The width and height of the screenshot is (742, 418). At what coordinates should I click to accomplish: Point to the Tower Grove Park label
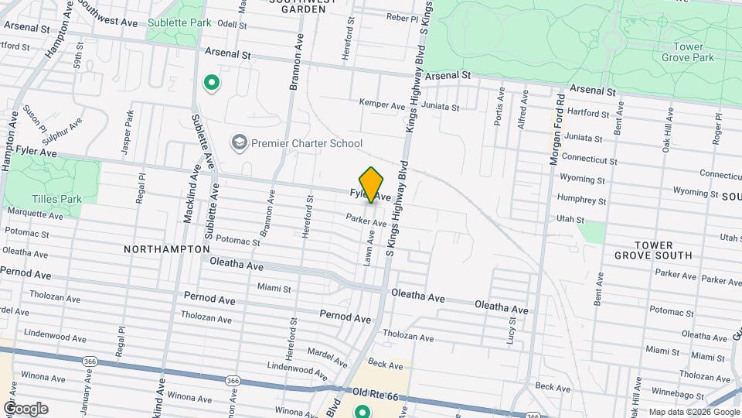(x=688, y=52)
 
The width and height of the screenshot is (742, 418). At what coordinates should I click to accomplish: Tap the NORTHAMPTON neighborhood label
(x=166, y=249)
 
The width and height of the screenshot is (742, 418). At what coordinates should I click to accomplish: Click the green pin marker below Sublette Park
(x=210, y=82)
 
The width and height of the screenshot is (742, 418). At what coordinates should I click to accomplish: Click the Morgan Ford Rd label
(x=558, y=126)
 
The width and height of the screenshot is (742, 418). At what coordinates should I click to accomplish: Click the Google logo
(x=25, y=409)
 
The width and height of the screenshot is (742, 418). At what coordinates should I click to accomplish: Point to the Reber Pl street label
(x=402, y=17)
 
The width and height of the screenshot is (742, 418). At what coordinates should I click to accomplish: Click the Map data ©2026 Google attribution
(x=693, y=412)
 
